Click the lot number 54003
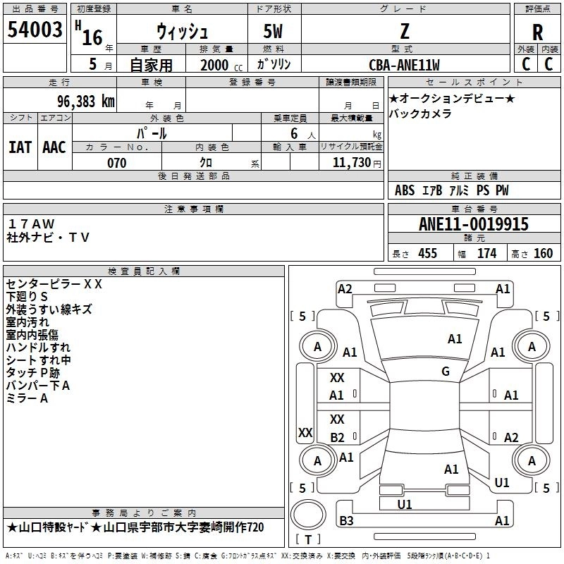pos(35,30)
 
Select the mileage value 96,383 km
pos(86,102)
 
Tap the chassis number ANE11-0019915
pos(474,224)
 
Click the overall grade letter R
pos(537,32)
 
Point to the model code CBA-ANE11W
pos(404,65)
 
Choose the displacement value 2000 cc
pos(221,65)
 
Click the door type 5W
pos(273,31)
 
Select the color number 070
pos(117,163)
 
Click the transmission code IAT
pos(20,147)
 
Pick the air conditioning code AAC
pos(54,147)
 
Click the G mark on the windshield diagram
pos(446,372)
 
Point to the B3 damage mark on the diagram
pos(346,520)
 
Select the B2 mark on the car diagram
pos(337,437)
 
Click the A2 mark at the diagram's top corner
pos(345,289)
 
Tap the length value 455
pos(428,254)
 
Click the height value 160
pos(543,254)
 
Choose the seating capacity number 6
pos(294,133)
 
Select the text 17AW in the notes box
pos(31,224)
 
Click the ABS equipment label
pos(405,190)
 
